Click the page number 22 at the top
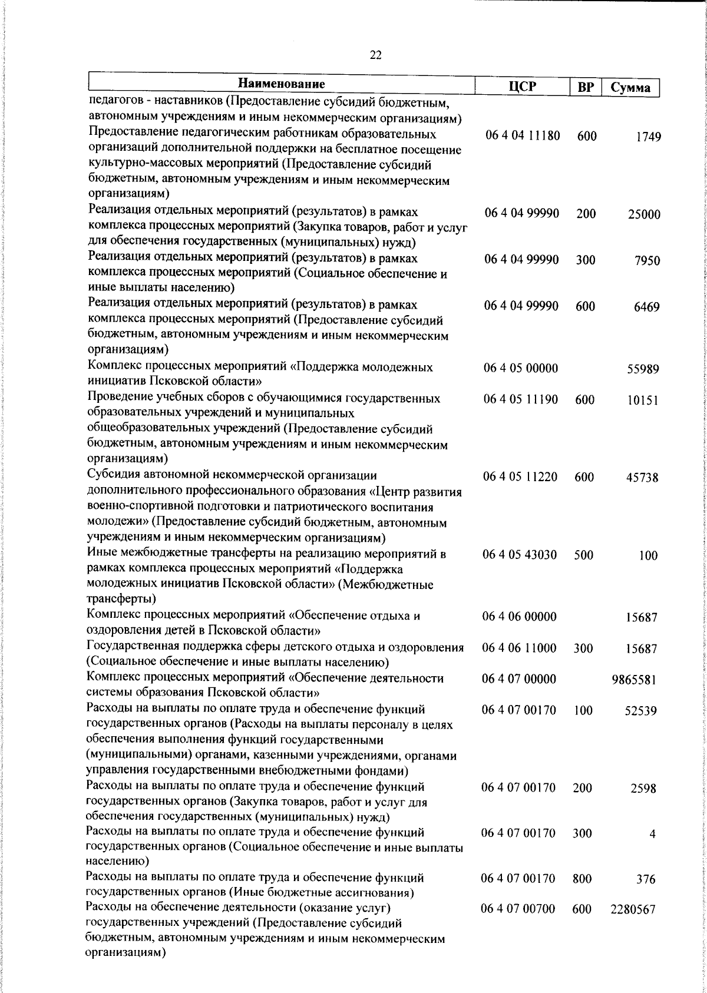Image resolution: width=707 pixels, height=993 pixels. [376, 55]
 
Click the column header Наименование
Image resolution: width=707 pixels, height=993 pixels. [282, 84]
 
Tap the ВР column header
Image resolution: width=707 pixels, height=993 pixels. [585, 87]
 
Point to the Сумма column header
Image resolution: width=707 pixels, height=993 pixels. [630, 88]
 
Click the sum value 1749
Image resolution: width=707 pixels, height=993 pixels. [648, 137]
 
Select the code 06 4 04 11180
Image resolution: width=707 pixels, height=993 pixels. [523, 136]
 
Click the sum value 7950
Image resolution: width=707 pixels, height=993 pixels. [647, 261]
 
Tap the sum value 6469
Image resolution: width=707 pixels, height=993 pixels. [646, 307]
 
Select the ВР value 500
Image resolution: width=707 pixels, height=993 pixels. [583, 555]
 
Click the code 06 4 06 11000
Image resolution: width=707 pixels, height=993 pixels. [519, 648]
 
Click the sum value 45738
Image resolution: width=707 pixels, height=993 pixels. [642, 478]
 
